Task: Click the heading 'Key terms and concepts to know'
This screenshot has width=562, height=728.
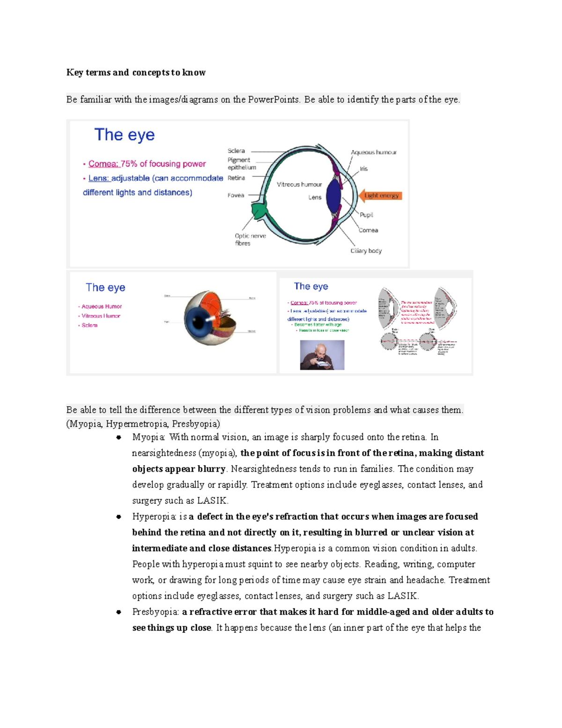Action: coord(136,72)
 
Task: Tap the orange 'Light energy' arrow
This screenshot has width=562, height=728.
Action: coord(380,195)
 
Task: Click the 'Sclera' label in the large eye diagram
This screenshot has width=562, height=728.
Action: coord(236,151)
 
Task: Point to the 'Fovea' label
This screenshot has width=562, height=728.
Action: coord(236,195)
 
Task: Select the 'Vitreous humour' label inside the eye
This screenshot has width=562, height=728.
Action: coord(299,184)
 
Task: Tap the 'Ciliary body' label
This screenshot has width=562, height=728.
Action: coord(366,251)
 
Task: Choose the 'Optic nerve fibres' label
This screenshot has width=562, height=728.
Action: coord(250,239)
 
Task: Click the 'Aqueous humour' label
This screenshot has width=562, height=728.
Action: coord(373,152)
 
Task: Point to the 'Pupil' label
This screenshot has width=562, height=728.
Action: coord(366,215)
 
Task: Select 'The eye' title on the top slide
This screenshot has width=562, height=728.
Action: coord(124,135)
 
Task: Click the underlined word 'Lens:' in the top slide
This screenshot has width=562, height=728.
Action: coord(99,178)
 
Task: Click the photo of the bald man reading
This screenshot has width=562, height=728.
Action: coord(322,355)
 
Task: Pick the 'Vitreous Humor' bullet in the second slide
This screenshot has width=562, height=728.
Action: coord(101,316)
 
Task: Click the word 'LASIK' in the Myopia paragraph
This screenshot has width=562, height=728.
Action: coord(212,501)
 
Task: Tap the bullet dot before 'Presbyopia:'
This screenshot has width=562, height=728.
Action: coord(119,612)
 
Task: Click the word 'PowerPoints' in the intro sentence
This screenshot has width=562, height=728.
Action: coord(273,99)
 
